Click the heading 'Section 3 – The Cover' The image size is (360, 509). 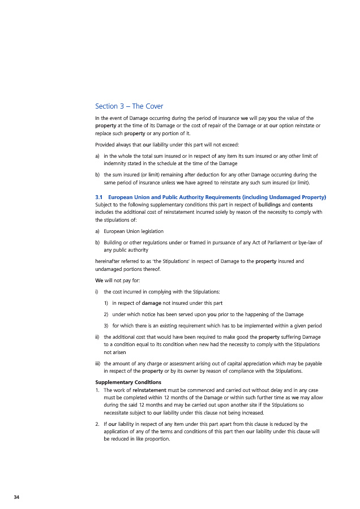point(129,106)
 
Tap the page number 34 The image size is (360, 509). point(16,497)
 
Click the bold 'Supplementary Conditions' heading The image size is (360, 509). point(128,382)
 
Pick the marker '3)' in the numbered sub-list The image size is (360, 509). point(106,326)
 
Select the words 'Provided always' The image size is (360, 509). point(114,144)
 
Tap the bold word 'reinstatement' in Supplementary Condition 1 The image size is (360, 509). point(150,390)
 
